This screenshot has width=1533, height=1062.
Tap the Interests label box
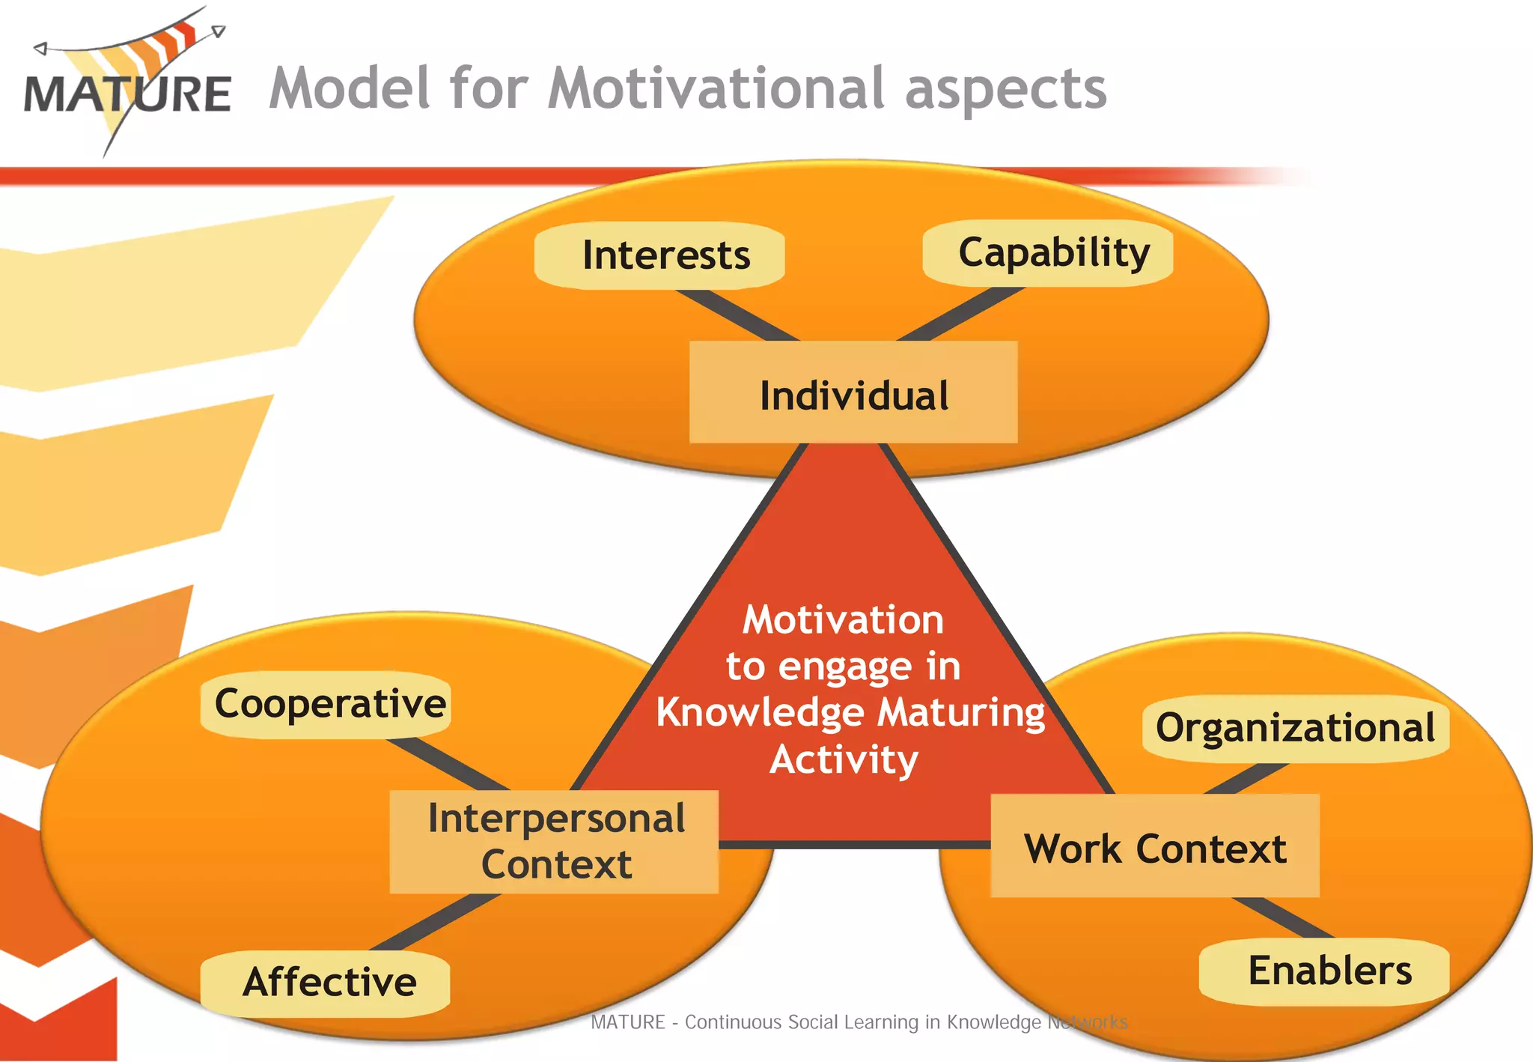(659, 255)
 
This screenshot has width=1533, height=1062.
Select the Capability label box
(1048, 252)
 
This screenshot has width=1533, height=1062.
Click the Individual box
(853, 393)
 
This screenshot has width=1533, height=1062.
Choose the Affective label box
(326, 983)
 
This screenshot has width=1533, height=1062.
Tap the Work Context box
(1155, 847)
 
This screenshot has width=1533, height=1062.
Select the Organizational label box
(1295, 728)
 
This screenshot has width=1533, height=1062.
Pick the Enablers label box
(1325, 971)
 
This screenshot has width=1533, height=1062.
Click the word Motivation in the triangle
(843, 620)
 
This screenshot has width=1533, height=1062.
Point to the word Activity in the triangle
(844, 759)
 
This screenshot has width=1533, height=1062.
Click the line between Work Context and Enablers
(1281, 917)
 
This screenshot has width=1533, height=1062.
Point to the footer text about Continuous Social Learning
(859, 1022)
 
